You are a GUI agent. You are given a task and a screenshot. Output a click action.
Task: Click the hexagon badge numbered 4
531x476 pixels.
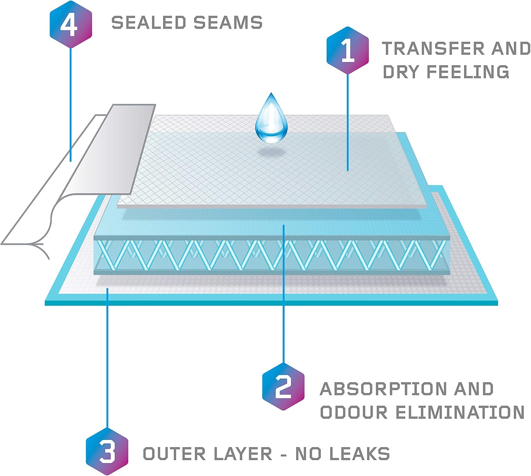point(71,24)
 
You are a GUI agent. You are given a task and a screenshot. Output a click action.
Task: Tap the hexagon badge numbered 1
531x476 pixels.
point(348,50)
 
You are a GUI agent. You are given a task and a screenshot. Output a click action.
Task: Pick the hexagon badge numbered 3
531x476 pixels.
point(107,452)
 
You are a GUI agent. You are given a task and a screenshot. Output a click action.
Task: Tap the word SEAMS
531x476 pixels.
point(228,22)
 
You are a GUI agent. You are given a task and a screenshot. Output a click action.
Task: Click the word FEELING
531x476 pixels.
point(468,72)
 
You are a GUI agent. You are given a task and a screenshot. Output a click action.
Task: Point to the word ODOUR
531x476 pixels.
point(354,412)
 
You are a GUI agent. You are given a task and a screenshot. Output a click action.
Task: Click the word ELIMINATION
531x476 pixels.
point(460,412)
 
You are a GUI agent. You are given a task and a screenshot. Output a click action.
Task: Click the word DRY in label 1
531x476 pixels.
point(401,72)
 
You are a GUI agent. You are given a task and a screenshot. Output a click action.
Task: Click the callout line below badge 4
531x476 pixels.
point(70,104)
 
